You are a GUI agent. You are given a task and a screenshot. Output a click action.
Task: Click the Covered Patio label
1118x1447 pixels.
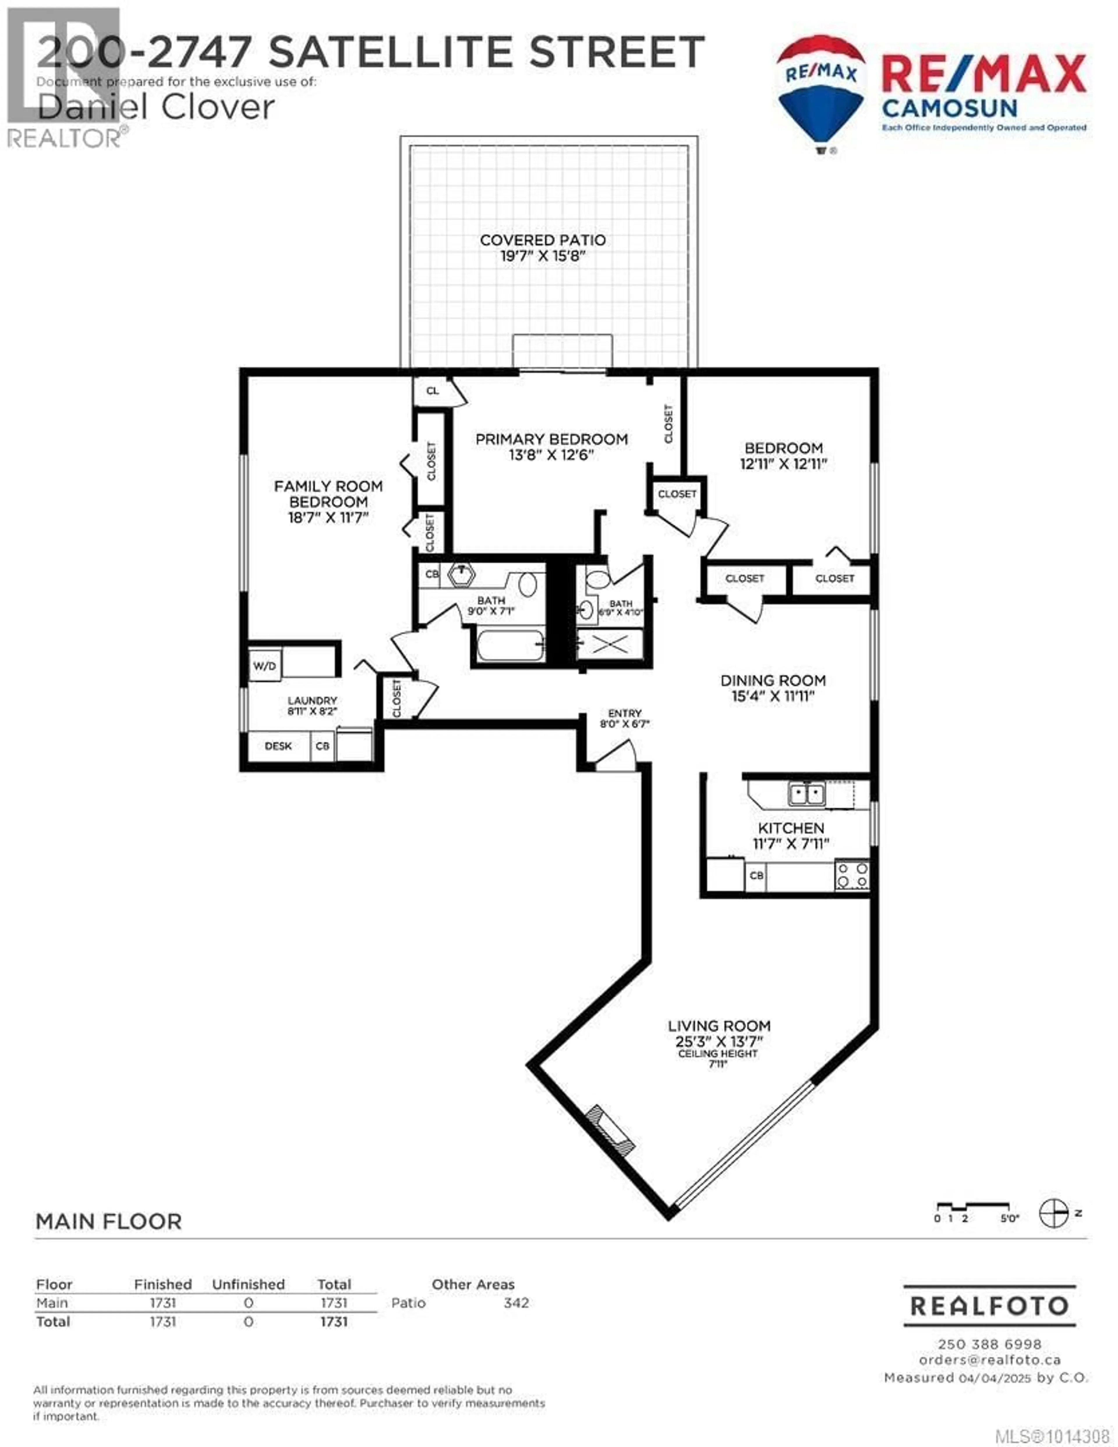click(542, 240)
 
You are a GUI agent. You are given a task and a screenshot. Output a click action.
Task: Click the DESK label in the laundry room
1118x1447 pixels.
click(278, 746)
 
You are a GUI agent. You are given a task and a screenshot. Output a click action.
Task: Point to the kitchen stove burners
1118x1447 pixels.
click(852, 875)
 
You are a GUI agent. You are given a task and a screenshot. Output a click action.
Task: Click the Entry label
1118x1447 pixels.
click(625, 713)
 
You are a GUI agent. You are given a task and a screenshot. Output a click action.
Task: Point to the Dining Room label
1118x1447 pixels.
click(773, 681)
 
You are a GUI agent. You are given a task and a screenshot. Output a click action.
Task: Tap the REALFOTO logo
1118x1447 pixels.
click(990, 1305)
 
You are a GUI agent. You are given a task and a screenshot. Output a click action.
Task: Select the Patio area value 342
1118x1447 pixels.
click(516, 1303)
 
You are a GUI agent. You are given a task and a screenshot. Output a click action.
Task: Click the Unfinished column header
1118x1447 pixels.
click(248, 1284)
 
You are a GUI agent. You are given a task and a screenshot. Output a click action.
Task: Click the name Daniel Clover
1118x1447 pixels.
click(156, 107)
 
